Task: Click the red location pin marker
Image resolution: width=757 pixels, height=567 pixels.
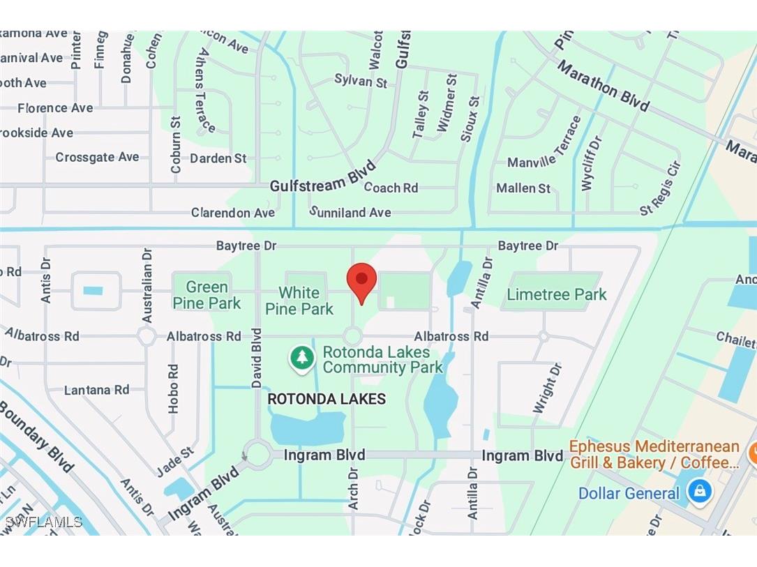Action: [361, 281]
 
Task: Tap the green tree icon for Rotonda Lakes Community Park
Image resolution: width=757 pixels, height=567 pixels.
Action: [302, 358]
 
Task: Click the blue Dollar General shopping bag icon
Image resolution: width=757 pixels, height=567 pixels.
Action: [698, 492]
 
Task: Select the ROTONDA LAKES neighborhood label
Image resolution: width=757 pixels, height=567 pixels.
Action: [327, 400]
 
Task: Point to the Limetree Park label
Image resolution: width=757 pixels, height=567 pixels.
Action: [556, 294]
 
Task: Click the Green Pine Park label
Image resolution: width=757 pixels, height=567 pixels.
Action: [207, 295]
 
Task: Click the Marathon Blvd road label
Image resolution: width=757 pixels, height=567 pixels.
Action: [604, 86]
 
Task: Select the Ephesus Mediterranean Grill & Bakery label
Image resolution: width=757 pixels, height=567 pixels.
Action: [654, 454]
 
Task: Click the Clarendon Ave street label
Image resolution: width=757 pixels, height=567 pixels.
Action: [233, 212]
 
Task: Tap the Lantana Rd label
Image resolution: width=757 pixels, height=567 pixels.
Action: [97, 390]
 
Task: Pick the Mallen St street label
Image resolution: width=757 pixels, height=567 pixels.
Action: [523, 188]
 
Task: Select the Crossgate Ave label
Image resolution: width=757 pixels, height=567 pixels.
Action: [97, 158]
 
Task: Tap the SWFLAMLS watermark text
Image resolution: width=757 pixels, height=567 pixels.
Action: [43, 522]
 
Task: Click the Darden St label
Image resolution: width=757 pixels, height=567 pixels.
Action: [218, 158]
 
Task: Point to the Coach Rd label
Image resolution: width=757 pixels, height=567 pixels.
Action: [391, 188]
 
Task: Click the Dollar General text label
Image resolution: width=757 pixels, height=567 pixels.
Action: [629, 494]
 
